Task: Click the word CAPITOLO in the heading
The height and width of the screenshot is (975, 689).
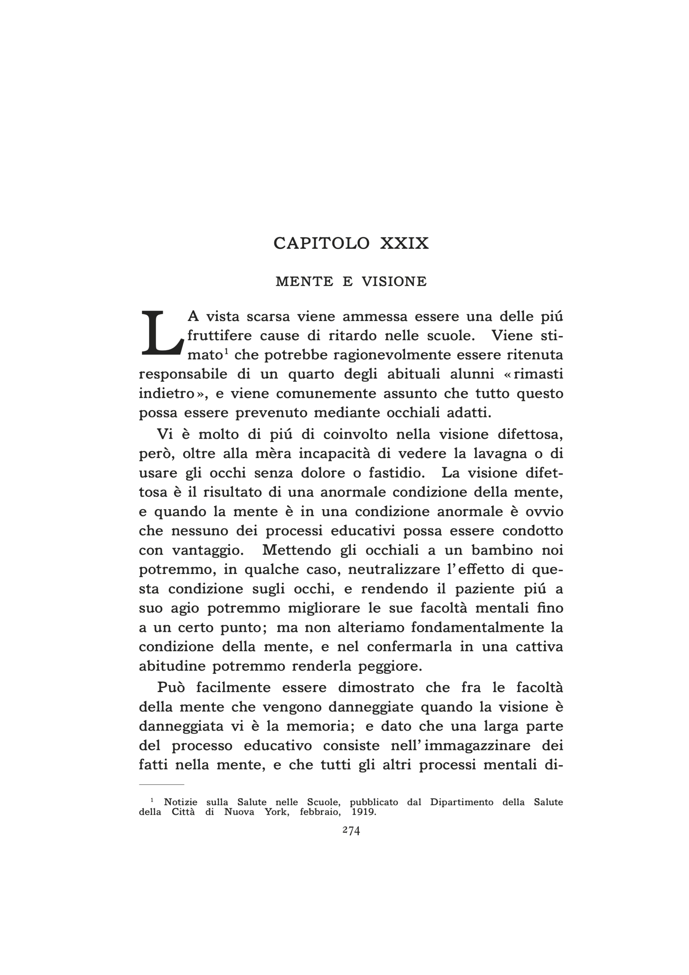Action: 321,243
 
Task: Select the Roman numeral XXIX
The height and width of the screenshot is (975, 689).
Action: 404,243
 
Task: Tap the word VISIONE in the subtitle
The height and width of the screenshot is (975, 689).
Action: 394,281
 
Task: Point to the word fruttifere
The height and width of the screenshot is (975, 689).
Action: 219,336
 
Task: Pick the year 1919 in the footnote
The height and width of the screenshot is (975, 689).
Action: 364,812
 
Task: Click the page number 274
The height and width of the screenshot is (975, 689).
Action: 351,831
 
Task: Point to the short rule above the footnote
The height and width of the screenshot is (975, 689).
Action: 161,784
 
